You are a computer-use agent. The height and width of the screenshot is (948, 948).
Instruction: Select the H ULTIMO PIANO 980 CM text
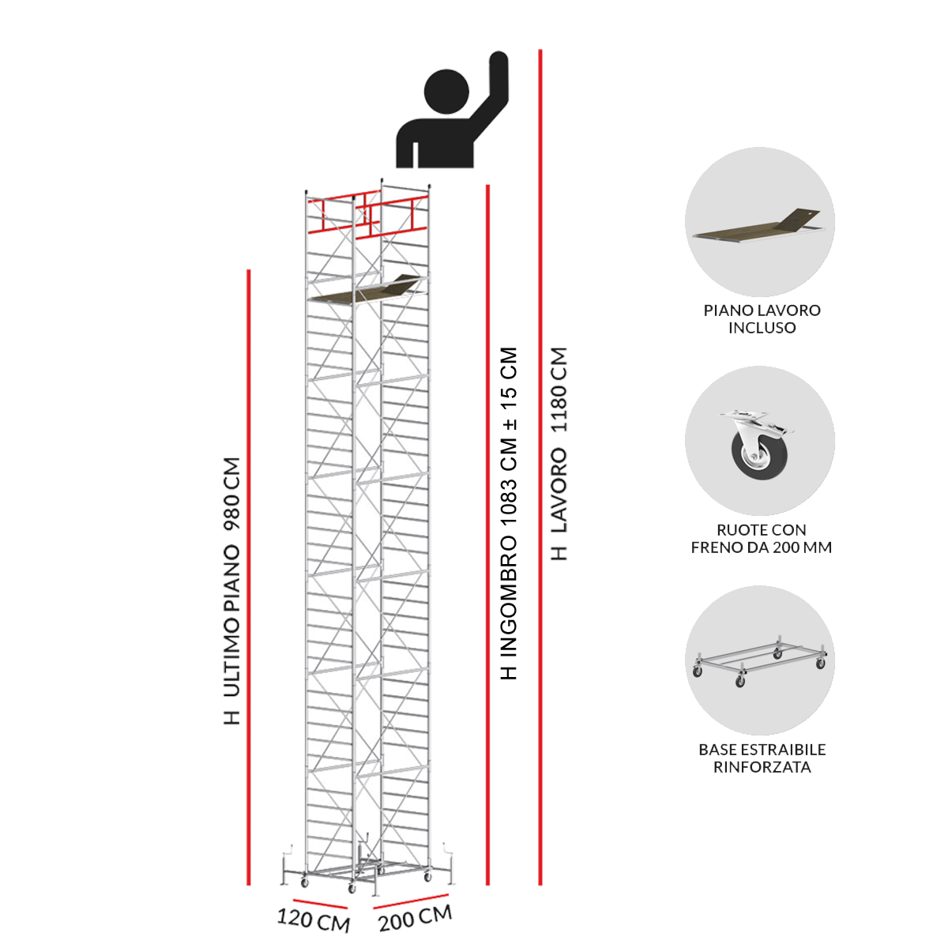(x=232, y=591)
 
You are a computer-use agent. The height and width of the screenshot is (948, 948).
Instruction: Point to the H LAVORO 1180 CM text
(x=559, y=453)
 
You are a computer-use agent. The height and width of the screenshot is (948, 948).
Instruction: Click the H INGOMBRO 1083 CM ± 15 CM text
(x=509, y=513)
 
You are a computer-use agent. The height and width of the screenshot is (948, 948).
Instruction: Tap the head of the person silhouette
(x=446, y=92)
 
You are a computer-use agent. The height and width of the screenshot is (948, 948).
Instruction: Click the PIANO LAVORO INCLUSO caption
(x=762, y=319)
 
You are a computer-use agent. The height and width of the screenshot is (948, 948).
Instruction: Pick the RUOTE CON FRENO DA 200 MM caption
(x=761, y=539)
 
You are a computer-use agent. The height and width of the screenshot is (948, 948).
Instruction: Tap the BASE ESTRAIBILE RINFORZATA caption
(x=762, y=758)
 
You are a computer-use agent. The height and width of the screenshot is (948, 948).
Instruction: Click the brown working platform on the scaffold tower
(x=365, y=289)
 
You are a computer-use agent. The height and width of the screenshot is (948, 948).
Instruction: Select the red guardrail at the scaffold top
(x=367, y=215)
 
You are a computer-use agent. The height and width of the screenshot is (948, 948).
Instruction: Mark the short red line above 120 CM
(x=320, y=904)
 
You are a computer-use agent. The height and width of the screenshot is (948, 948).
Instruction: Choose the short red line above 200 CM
(x=411, y=901)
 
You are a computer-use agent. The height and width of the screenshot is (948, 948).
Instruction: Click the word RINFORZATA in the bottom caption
(x=762, y=767)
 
